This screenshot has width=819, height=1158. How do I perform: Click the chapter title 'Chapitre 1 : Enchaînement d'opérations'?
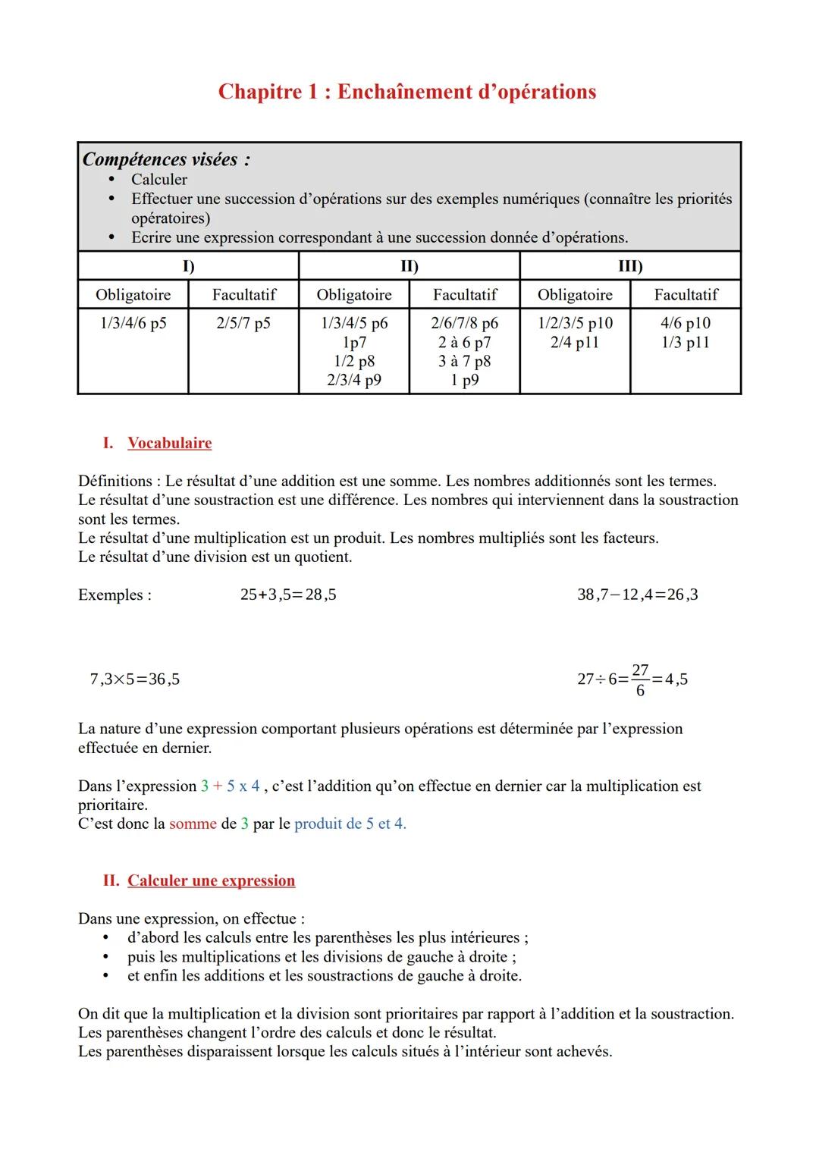tap(407, 92)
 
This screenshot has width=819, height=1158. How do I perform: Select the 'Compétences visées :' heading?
tap(166, 159)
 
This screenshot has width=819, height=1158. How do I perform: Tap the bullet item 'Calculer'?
tap(158, 180)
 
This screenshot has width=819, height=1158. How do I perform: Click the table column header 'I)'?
tap(188, 266)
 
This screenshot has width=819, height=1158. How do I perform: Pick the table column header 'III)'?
tap(630, 266)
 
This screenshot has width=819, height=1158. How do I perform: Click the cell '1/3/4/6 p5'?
tap(133, 323)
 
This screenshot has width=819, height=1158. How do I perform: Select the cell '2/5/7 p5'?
tap(243, 323)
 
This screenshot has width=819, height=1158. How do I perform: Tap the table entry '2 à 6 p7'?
tap(464, 342)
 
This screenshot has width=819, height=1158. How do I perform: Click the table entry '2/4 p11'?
tap(575, 342)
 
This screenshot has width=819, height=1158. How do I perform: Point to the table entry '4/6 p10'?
tap(686, 323)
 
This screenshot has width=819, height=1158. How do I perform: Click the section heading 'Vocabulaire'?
tap(169, 443)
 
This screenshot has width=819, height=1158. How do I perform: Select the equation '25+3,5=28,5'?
tap(288, 595)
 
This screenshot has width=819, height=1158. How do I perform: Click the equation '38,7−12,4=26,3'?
tap(637, 595)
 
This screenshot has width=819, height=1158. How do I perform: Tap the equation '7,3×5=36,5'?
tap(135, 679)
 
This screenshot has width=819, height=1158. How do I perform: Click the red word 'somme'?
tap(193, 824)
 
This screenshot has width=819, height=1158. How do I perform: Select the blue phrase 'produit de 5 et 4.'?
tap(350, 824)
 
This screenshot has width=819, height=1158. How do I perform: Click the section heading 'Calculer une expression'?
tap(211, 880)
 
